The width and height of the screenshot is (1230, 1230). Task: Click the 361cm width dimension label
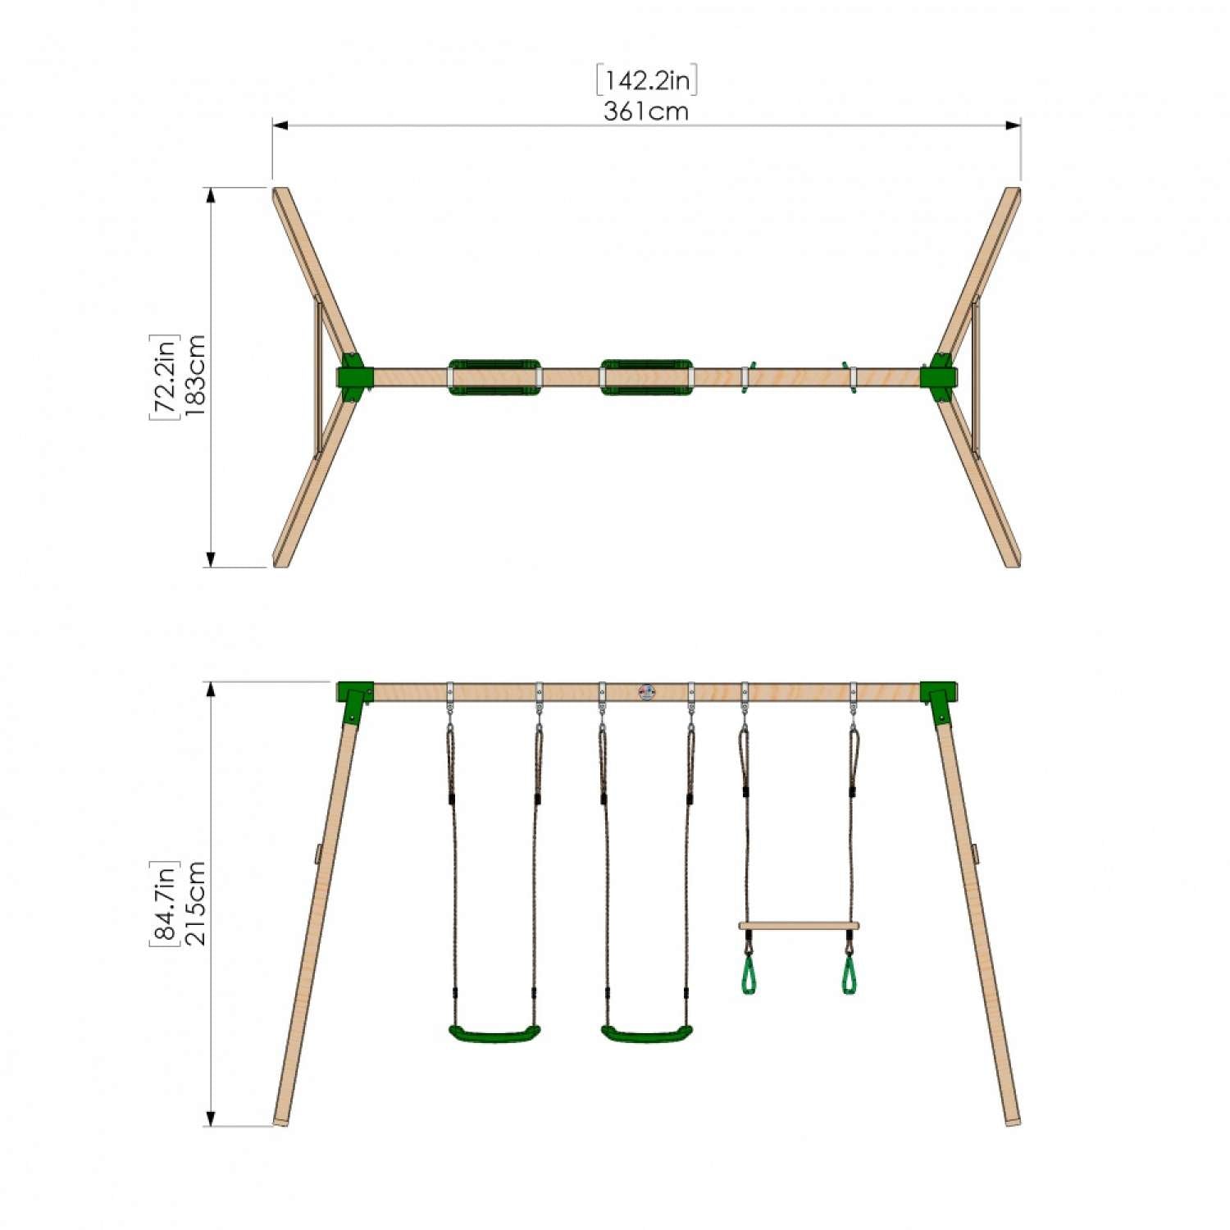pyautogui.click(x=646, y=112)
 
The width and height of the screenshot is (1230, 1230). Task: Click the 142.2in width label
pyautogui.click(x=647, y=80)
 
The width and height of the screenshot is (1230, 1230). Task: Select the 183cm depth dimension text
pyautogui.click(x=196, y=376)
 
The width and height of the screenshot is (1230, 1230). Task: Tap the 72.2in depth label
pyautogui.click(x=164, y=376)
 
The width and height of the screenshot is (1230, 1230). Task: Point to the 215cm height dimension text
pyautogui.click(x=196, y=903)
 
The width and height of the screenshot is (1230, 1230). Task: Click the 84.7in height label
pyautogui.click(x=164, y=903)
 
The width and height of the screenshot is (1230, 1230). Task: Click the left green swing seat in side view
pyautogui.click(x=494, y=1032)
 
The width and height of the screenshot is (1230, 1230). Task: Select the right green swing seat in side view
pyautogui.click(x=647, y=1032)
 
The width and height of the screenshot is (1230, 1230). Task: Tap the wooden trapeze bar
pyautogui.click(x=799, y=926)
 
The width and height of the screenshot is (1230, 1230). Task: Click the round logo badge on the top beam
pyautogui.click(x=647, y=692)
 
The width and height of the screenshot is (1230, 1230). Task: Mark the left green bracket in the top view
pyautogui.click(x=353, y=377)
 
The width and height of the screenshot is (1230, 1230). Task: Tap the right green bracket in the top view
pyautogui.click(x=939, y=377)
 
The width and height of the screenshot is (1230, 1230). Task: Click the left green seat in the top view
pyautogui.click(x=494, y=377)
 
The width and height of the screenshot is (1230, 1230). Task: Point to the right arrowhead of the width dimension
pyautogui.click(x=1014, y=125)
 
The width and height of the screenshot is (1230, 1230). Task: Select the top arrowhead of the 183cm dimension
pyautogui.click(x=211, y=195)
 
